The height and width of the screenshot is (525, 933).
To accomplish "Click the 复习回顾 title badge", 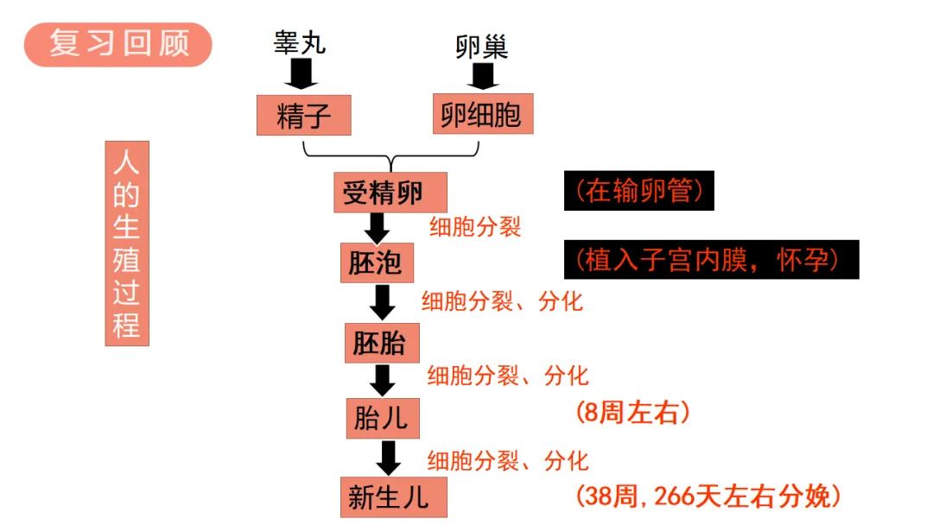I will tap(118, 44).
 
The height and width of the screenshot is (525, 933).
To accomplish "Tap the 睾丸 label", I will tap(301, 41).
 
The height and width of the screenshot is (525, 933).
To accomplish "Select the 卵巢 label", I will tap(482, 46).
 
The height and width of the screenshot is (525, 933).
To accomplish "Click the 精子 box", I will tap(304, 116).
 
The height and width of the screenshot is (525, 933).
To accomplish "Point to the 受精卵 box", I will tap(383, 192).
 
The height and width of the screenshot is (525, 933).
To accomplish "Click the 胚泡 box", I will tap(376, 262).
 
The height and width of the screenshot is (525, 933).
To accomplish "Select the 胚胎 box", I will tap(380, 343).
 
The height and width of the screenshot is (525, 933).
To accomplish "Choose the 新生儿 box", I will tap(389, 497).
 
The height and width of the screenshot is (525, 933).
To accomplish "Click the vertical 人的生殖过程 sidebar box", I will tap(126, 244).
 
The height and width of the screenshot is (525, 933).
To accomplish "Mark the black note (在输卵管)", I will tap(639, 190).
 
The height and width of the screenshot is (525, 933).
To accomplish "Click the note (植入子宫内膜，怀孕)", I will tap(711, 260).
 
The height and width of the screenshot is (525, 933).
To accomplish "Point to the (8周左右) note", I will tap(633, 413).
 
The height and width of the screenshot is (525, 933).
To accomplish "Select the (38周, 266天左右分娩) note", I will tap(708, 496).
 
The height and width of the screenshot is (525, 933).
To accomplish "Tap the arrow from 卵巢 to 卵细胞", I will tap(482, 76).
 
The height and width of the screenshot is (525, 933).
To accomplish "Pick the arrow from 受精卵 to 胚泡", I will tap(377, 228).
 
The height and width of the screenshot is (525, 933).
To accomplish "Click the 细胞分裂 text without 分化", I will tap(475, 227).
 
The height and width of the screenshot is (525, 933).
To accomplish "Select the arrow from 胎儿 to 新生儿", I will tap(389, 458).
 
